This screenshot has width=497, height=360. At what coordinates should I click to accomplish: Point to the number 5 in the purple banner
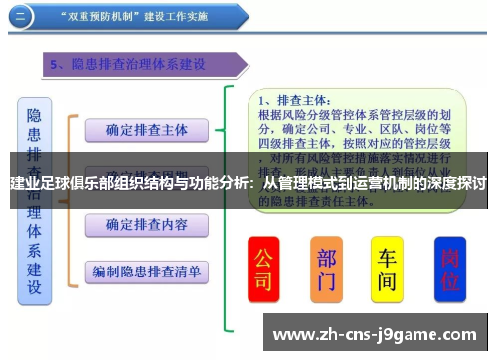(56, 65)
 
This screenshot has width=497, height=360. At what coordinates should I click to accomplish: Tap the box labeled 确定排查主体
(147, 129)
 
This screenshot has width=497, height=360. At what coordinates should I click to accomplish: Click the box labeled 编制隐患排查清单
(147, 270)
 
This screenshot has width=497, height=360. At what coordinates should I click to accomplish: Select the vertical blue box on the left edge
(32, 199)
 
